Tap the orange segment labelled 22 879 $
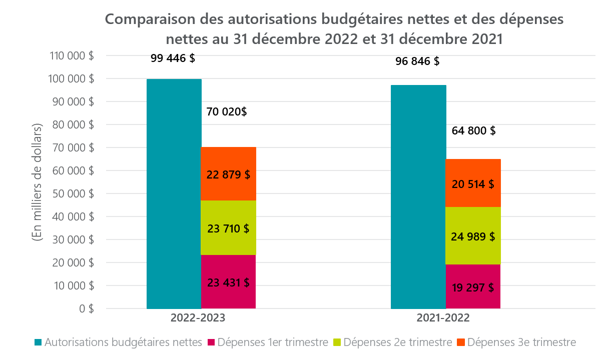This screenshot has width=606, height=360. coord(228,174)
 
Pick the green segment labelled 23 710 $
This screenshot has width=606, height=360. coord(228,228)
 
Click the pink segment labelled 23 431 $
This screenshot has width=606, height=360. coord(228,282)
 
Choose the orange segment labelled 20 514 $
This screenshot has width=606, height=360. coord(473,183)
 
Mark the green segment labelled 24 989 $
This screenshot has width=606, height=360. coord(473,236)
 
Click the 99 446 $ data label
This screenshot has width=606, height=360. coord(173,58)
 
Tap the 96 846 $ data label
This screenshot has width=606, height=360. coord(417,61)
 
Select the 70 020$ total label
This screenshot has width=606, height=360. coord(227,112)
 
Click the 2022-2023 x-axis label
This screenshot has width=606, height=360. coord(198,318)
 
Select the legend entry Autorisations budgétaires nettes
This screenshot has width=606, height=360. coord(118,342)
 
